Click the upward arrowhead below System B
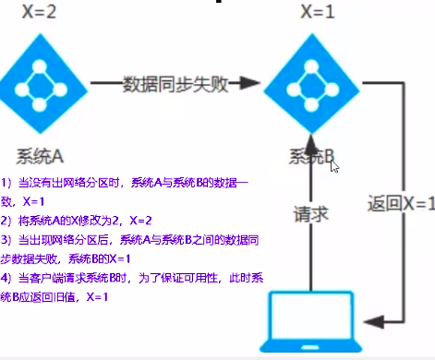click(x=315, y=145)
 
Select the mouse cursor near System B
click(x=335, y=166)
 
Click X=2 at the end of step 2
click(x=141, y=221)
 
